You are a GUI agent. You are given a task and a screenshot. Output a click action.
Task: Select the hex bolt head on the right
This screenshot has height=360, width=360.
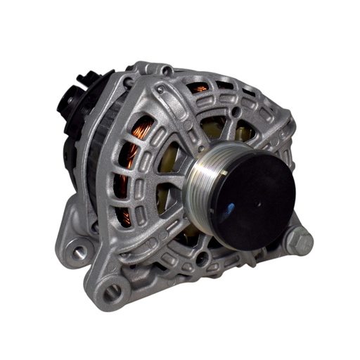(x=300, y=242)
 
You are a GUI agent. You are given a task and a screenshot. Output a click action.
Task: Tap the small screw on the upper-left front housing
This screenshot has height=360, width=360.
(x=160, y=89)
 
